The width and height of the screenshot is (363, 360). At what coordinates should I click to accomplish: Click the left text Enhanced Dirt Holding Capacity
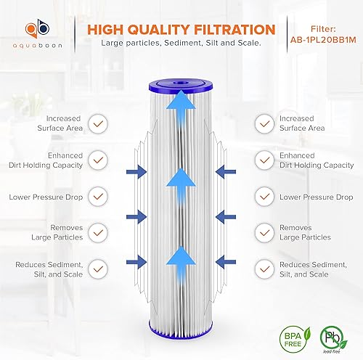tap(45, 160)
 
